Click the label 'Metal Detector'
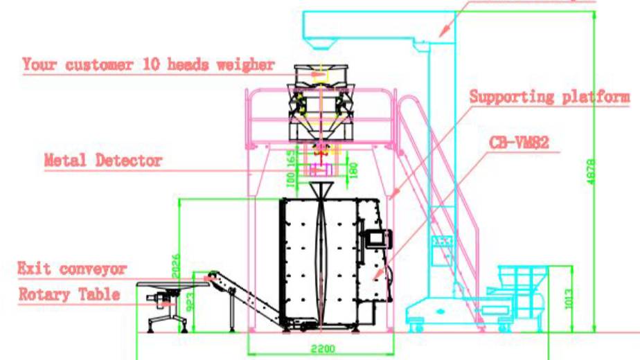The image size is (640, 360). click(x=103, y=161)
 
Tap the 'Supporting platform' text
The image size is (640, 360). click(x=550, y=96)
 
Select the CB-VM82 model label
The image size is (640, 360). click(x=519, y=143)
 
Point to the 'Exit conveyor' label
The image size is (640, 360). click(x=72, y=268)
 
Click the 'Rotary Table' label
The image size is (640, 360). click(x=69, y=294)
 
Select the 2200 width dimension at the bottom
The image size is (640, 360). click(x=322, y=348)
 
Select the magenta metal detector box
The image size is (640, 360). click(x=320, y=168)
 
